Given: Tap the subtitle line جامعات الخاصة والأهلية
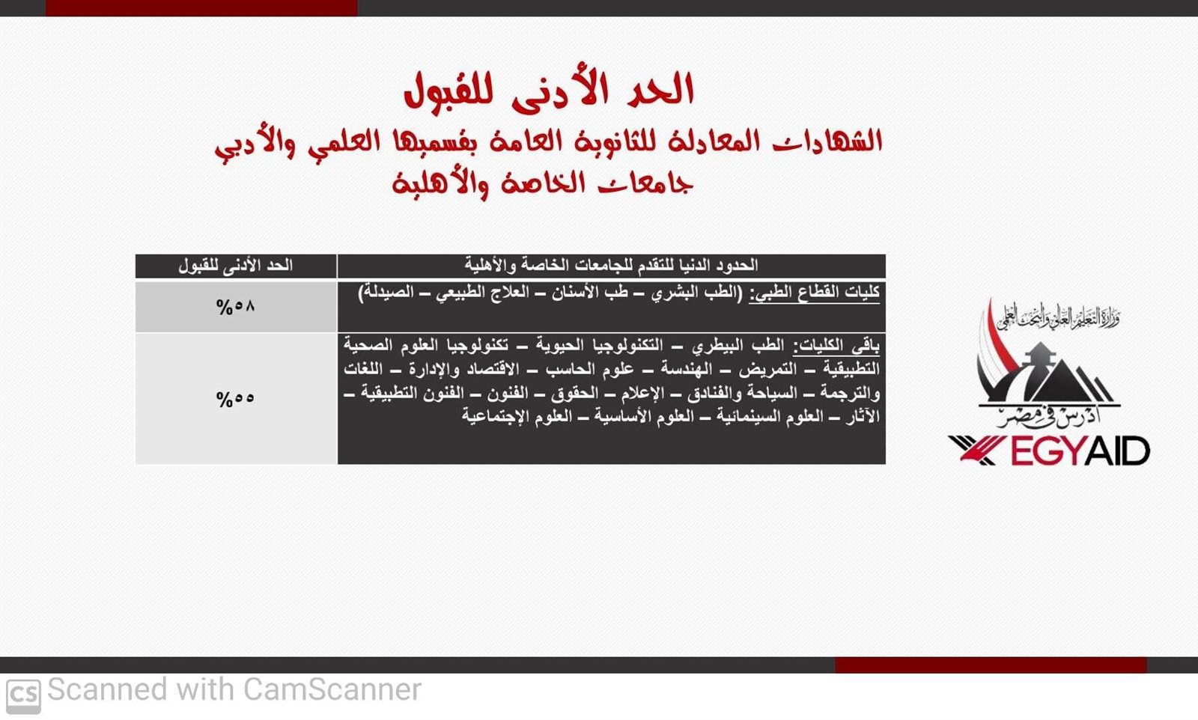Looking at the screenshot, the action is coord(542,184).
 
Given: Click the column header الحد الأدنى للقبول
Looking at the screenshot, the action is coord(235,265).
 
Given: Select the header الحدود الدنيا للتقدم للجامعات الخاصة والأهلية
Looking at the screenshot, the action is coord(611,265).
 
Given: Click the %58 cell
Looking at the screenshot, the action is coord(235,307).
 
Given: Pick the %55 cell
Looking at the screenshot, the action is coord(235,399).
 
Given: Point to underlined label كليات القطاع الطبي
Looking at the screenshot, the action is coord(814,293).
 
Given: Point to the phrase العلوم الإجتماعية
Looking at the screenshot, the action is coord(514,416).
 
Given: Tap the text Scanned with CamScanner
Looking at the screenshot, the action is coord(234,689).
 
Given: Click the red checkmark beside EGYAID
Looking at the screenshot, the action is coord(976,450).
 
